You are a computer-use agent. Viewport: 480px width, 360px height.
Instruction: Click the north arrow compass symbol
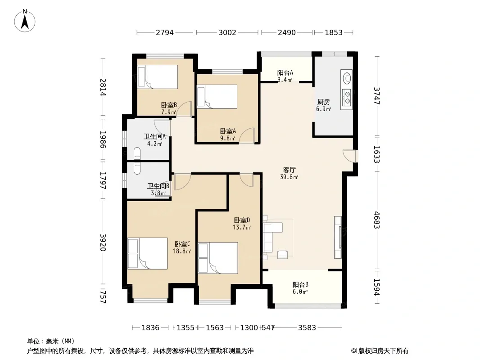[x=25, y=21]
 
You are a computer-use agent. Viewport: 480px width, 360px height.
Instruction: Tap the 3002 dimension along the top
[x=227, y=32]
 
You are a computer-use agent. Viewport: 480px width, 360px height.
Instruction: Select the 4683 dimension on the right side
[x=376, y=220]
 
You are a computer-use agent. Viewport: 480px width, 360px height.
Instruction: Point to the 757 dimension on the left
[x=103, y=297]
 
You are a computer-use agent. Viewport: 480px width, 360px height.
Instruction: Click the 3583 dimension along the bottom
[x=307, y=328]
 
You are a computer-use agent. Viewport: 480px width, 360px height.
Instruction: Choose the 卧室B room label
[x=169, y=105]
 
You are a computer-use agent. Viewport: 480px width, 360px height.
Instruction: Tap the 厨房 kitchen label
[x=324, y=102]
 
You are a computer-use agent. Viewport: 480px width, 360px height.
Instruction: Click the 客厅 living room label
[x=289, y=170]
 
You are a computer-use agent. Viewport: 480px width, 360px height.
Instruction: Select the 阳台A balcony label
[x=285, y=73]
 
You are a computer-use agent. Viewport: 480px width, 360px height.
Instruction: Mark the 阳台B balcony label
[x=300, y=285]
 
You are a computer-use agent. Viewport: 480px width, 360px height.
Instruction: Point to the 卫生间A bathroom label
[x=154, y=136]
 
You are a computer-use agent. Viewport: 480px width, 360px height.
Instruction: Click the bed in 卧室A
[x=217, y=97]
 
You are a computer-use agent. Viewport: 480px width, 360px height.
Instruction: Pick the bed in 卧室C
[x=148, y=253]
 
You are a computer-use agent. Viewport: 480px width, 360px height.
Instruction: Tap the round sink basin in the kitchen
[x=347, y=78]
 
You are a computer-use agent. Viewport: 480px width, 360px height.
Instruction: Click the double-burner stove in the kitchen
[x=347, y=97]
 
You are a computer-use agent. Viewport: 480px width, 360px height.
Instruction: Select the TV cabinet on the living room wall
[x=338, y=237]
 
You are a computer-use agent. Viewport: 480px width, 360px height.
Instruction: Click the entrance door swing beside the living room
[x=350, y=156]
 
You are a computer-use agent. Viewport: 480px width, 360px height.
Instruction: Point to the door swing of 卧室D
[x=247, y=180]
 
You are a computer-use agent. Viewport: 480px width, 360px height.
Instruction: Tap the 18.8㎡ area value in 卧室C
[x=182, y=251]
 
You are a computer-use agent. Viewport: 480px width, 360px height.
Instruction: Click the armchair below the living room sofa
[x=282, y=254]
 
